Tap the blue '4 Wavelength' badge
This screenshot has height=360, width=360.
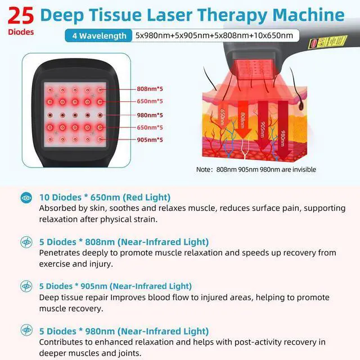(99, 36)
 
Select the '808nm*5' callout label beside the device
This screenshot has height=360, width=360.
(150, 89)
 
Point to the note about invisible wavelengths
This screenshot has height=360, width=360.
(256, 169)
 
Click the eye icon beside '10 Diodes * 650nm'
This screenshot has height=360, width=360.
(26, 197)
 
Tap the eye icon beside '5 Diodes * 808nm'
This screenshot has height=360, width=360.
(26, 242)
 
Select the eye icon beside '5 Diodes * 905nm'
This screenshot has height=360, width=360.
(26, 286)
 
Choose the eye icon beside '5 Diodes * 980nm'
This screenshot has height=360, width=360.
(26, 331)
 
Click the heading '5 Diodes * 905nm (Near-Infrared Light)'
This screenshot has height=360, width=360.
(115, 286)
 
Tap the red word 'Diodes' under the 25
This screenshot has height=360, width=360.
(21, 32)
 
